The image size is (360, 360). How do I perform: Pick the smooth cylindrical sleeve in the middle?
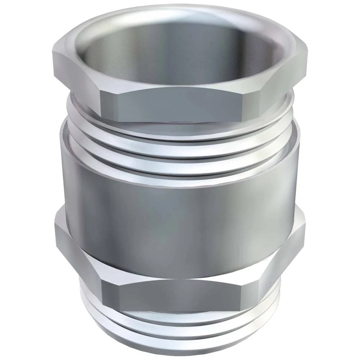(180, 202)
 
